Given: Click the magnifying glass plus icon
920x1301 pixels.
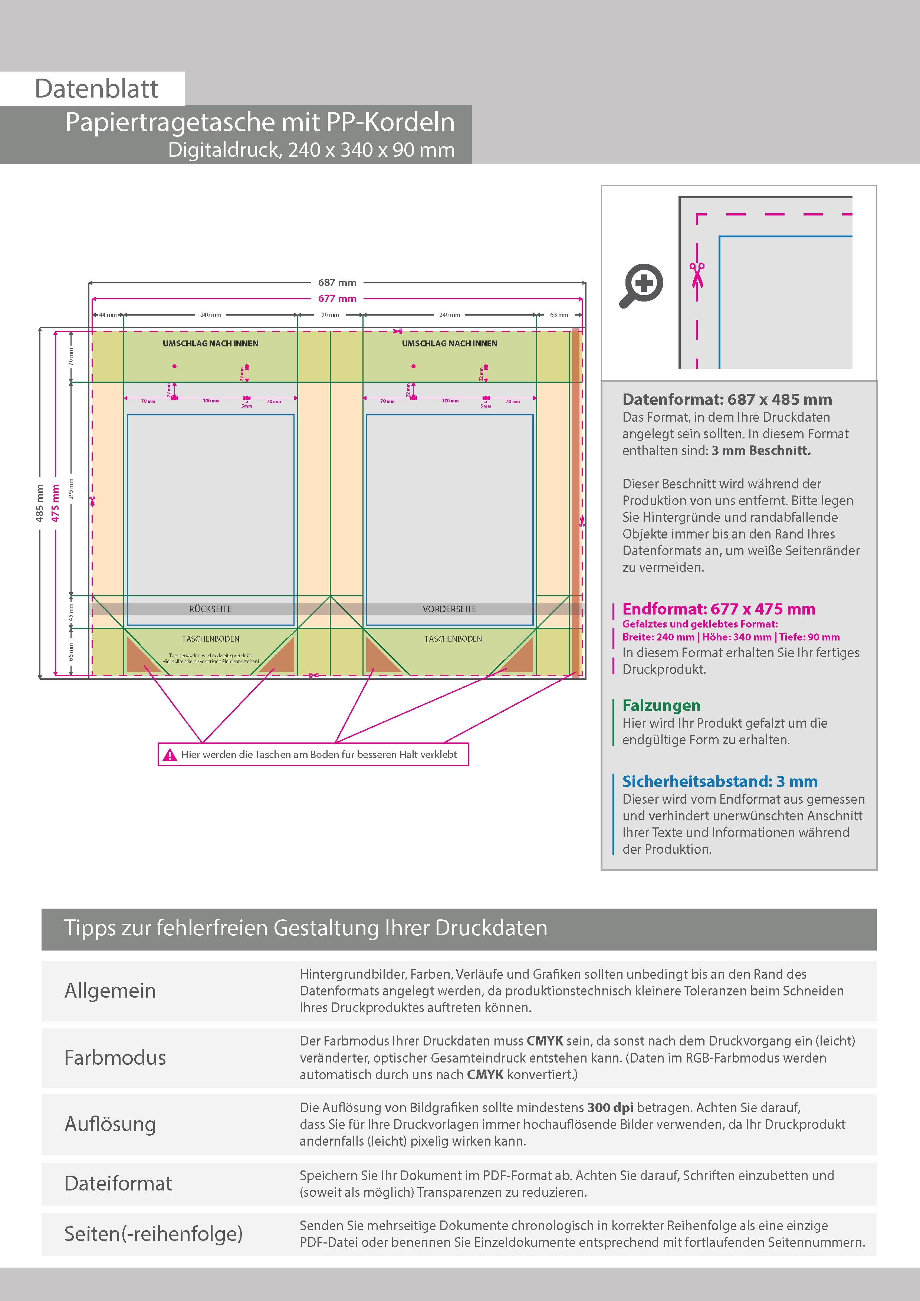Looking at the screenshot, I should [x=641, y=285].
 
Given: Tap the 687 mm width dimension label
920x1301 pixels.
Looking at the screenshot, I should [x=337, y=282].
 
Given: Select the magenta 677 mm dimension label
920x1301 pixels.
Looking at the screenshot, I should [x=337, y=299].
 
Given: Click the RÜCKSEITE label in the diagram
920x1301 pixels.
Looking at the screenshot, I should [x=210, y=609].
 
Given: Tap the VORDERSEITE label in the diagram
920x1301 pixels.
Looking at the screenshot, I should [x=450, y=609].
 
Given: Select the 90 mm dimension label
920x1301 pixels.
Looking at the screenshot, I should [x=330, y=314].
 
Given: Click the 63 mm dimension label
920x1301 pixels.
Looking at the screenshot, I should [x=559, y=314].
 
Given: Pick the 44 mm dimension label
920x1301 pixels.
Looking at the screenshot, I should [x=108, y=314].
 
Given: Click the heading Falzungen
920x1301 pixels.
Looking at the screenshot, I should [x=661, y=705].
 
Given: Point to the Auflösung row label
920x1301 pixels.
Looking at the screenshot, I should [x=111, y=1124].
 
